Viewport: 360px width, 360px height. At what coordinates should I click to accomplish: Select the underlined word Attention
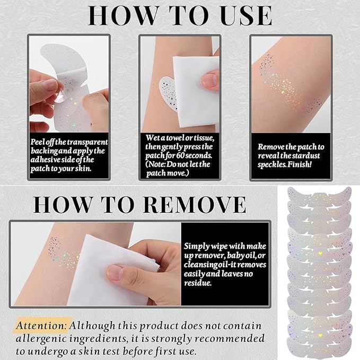[x=41, y=325]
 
